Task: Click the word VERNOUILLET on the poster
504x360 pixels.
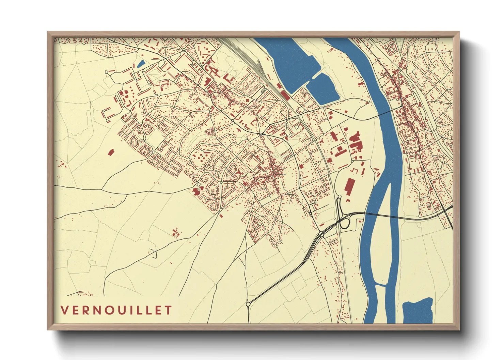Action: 116,310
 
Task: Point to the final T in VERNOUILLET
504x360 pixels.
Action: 168,310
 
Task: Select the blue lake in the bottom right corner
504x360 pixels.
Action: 418,311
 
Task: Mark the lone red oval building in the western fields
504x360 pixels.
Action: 110,152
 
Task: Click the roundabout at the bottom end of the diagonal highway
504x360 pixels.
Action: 248,304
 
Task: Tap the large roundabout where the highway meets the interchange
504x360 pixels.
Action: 321,234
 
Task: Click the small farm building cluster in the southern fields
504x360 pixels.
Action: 176,233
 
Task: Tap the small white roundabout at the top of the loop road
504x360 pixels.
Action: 340,197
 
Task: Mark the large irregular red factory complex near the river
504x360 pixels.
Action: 355,143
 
